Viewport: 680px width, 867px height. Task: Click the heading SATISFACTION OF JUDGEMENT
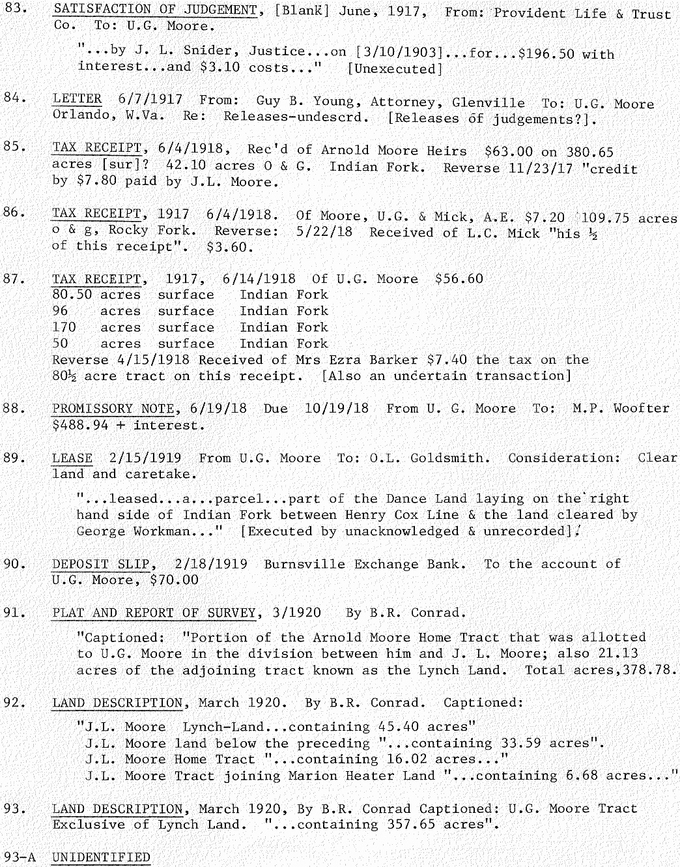click(x=155, y=10)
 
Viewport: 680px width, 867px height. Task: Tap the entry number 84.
click(x=14, y=98)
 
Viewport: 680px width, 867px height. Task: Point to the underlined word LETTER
click(x=77, y=99)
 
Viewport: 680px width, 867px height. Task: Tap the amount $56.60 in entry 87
click(x=459, y=279)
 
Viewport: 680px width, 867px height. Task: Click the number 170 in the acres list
click(x=64, y=327)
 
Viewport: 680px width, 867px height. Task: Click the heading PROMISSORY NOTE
click(x=114, y=409)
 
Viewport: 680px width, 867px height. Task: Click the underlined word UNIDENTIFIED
click(x=101, y=857)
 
